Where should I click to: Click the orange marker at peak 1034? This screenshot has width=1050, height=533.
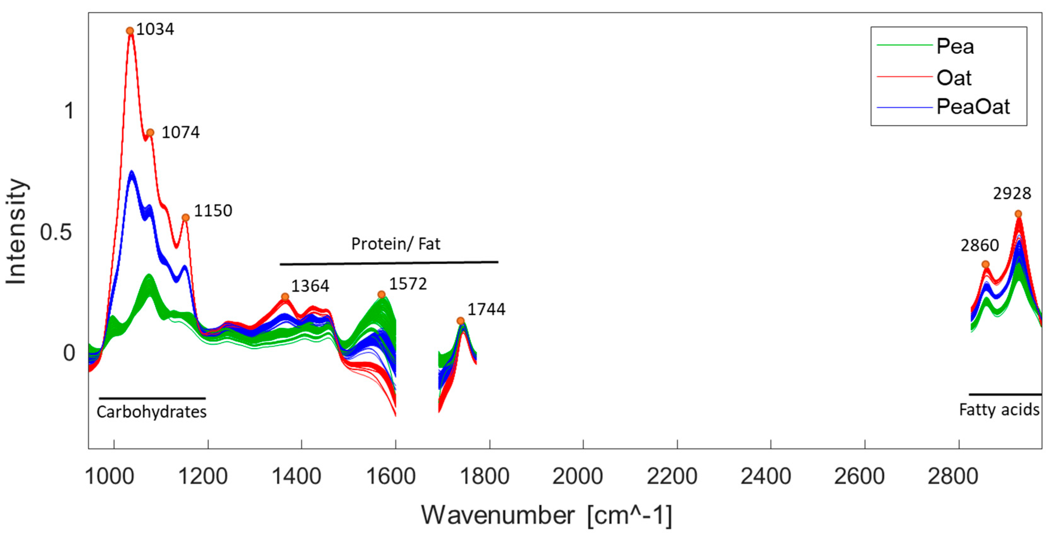(130, 31)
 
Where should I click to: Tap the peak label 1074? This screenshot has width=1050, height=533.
(181, 133)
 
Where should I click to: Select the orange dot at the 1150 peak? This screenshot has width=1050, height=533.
(185, 217)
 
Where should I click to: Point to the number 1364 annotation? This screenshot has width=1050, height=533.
(310, 286)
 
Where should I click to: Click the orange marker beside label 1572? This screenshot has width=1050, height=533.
(381, 294)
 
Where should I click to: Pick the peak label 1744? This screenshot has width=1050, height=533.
(486, 309)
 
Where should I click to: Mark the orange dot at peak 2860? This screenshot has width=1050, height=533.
(985, 264)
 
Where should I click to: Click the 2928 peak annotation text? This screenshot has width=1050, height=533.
(1012, 193)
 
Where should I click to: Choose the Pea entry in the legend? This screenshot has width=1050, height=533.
(955, 46)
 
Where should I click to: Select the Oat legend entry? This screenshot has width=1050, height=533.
(954, 77)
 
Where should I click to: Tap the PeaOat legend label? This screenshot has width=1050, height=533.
(973, 107)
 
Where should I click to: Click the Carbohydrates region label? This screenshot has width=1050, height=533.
(152, 412)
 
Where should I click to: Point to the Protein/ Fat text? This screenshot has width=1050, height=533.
(395, 244)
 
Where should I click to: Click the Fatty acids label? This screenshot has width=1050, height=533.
(999, 410)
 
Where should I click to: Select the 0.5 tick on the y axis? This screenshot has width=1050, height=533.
(56, 232)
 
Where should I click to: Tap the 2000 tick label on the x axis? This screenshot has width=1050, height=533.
(577, 476)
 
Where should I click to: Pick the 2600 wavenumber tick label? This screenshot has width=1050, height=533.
(859, 476)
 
